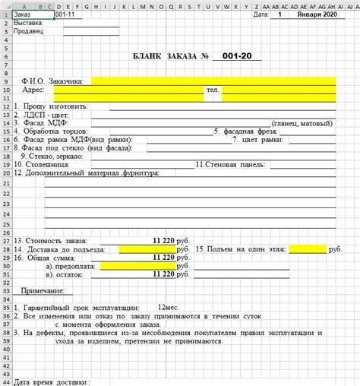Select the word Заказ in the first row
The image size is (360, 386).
coord(24,14)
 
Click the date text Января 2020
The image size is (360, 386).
coord(317,14)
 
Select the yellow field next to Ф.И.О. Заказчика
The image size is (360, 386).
coord(213,81)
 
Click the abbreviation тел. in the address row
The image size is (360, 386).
coord(213,90)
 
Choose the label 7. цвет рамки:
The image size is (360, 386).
coord(258,139)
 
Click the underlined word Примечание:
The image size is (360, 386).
coord(43,291)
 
